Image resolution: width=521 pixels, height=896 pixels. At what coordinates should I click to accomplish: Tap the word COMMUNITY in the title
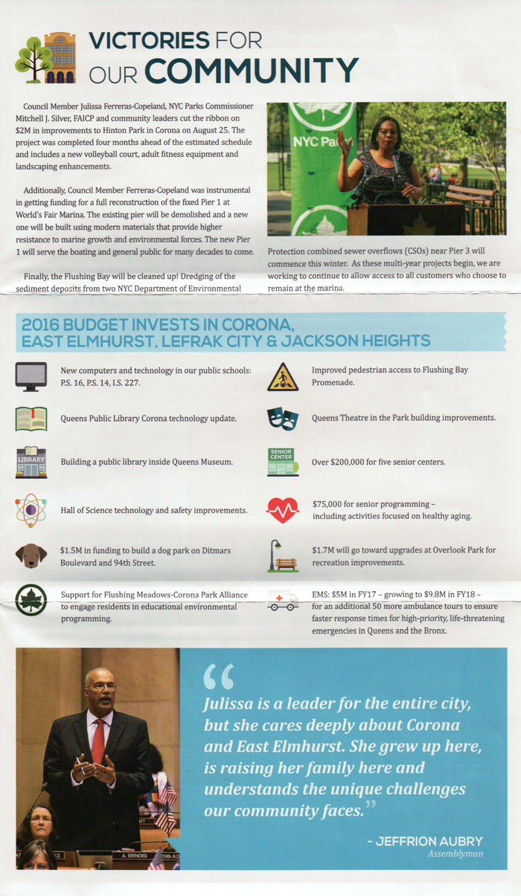click(x=263, y=71)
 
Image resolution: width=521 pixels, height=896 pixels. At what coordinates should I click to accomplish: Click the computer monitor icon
click(x=31, y=376)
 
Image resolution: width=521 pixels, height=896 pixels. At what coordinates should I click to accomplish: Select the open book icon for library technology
click(x=31, y=419)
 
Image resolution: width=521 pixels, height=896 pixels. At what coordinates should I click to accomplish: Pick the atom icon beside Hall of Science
click(x=31, y=510)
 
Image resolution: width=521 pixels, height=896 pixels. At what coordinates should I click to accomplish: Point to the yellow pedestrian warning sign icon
click(x=283, y=376)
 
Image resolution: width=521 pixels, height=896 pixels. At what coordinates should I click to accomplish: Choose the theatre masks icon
click(x=283, y=419)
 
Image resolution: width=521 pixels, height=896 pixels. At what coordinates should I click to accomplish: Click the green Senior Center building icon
click(x=283, y=462)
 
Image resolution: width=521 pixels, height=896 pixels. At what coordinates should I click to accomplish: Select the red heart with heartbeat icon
click(x=283, y=510)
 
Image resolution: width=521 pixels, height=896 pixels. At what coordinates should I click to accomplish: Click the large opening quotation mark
click(x=218, y=676)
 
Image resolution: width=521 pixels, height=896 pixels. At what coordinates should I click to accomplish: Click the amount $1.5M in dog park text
click(x=73, y=551)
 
